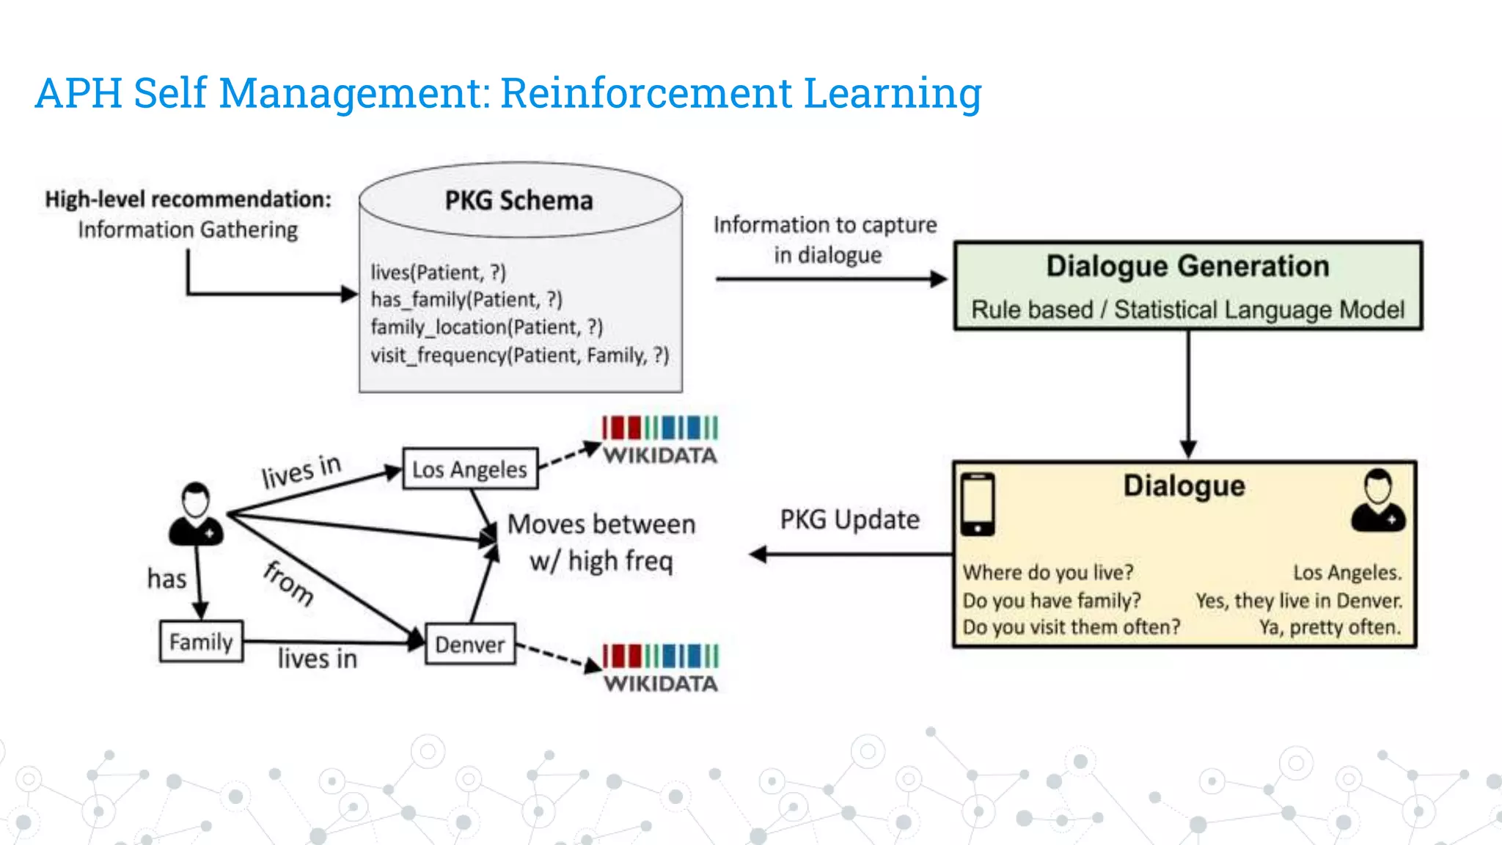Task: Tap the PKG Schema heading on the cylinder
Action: [x=519, y=200]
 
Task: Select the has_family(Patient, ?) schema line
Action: [x=466, y=299]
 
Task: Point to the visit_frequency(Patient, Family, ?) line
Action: [x=519, y=355]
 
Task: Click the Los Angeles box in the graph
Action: [x=470, y=469]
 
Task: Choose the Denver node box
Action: [x=470, y=644]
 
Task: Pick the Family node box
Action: [x=201, y=642]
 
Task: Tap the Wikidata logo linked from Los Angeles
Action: [x=659, y=440]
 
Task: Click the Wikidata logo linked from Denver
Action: [x=660, y=668]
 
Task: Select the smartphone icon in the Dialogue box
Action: [x=978, y=504]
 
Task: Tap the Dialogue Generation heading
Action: [x=1187, y=266]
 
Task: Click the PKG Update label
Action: [x=849, y=519]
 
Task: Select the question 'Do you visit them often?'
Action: [x=1071, y=627]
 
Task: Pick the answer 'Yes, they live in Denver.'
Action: [x=1298, y=601]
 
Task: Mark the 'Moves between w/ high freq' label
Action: [x=601, y=543]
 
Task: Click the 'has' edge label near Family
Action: [x=167, y=579]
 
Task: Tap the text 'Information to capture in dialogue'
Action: [x=825, y=239]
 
